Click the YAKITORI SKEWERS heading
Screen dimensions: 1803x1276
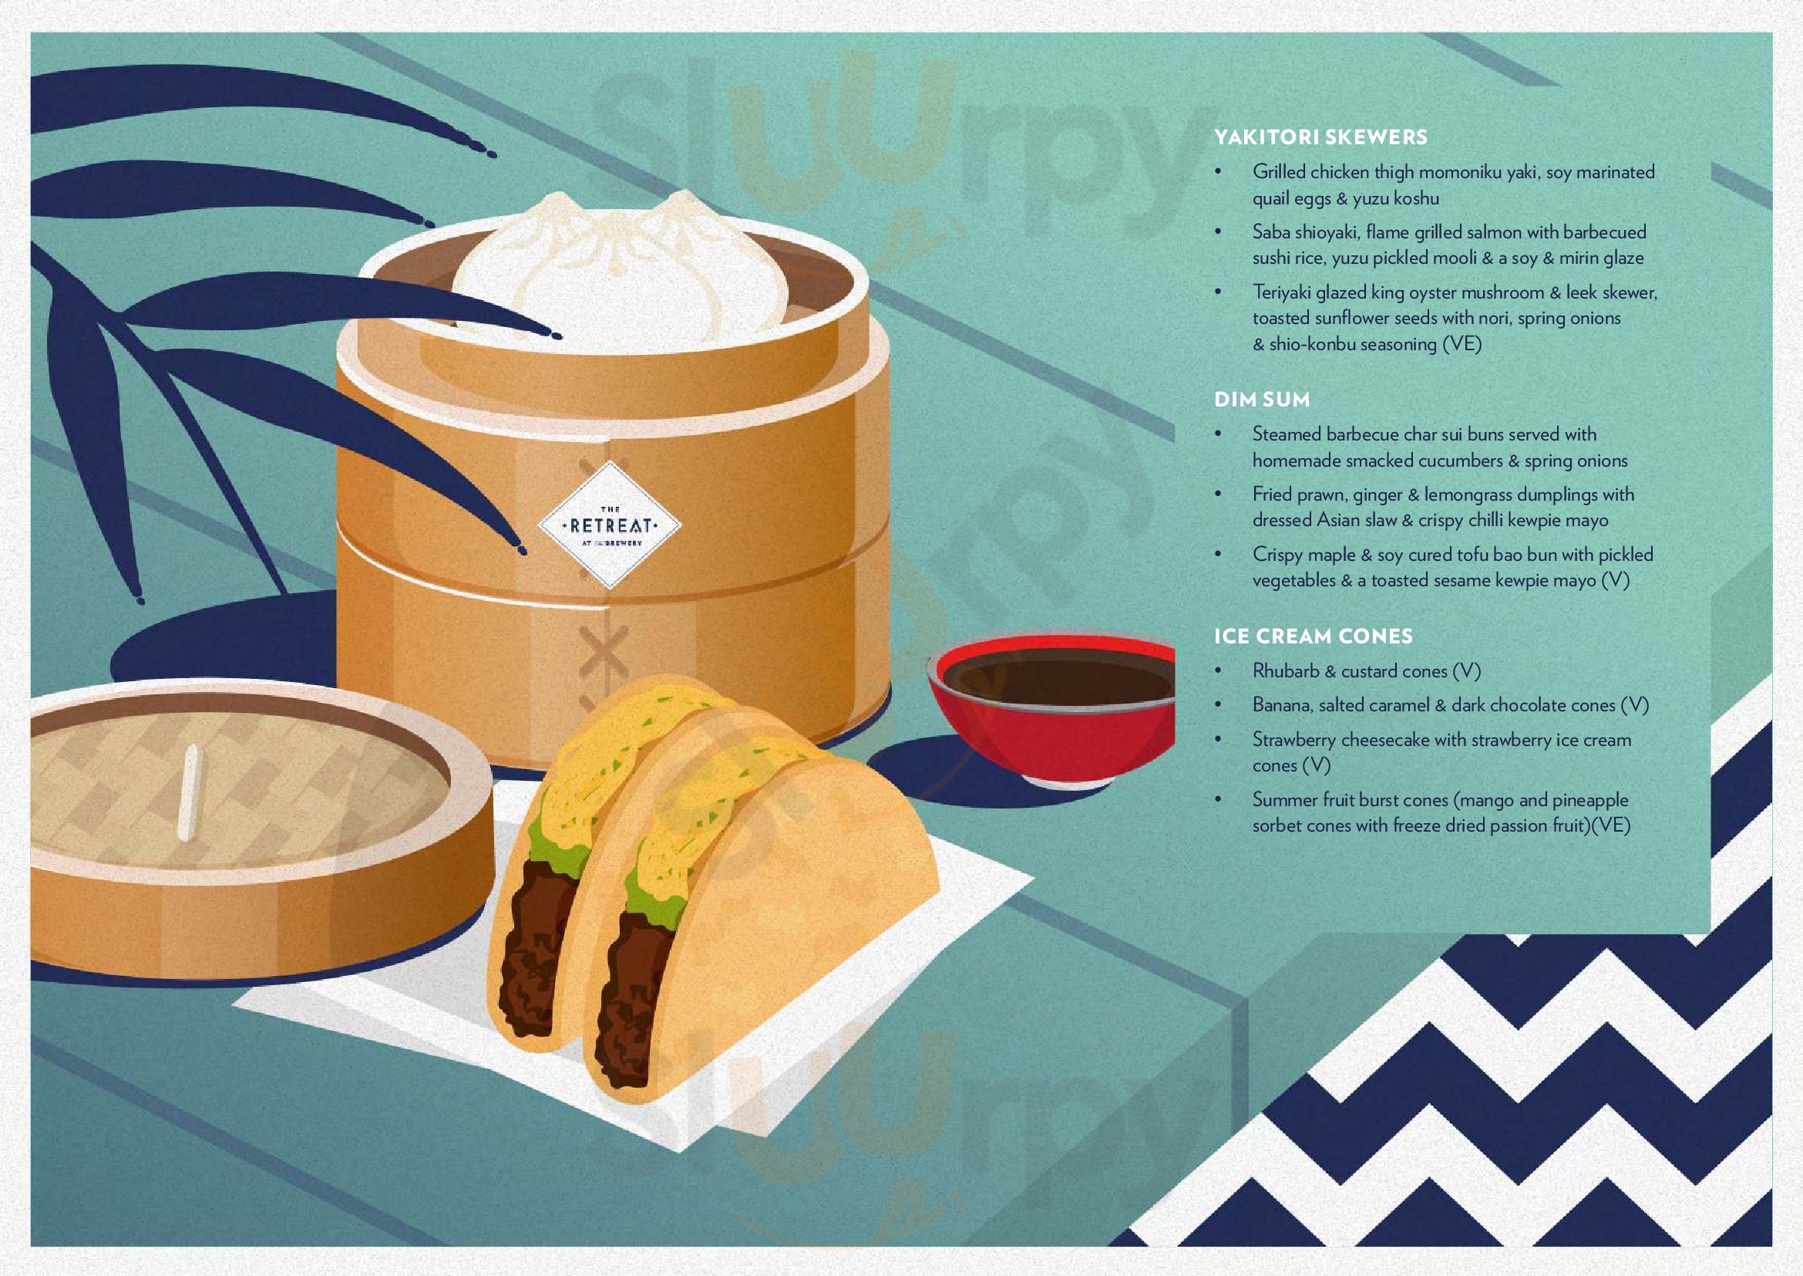tap(1321, 137)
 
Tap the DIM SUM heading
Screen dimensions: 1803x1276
tap(1262, 400)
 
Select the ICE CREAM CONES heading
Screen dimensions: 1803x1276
tap(1313, 636)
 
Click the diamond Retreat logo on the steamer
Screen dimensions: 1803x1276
tap(611, 525)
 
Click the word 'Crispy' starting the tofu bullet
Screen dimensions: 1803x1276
tap(1277, 555)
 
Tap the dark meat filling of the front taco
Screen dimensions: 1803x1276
tap(628, 998)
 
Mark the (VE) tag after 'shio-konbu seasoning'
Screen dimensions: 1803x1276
tap(1462, 344)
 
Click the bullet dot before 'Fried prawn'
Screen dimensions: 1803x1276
tap(1219, 495)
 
